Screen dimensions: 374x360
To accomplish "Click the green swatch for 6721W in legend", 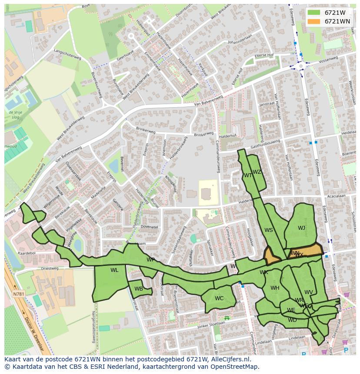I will tap(313, 13).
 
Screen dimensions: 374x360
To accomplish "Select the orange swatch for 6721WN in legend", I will tap(313, 21).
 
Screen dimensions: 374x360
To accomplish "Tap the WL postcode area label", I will tap(114, 270).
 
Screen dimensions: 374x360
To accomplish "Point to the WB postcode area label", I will tap(139, 289).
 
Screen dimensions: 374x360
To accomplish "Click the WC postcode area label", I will tap(219, 298).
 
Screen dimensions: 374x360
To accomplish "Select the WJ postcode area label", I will tap(301, 228).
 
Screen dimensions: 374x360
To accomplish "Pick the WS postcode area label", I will tap(269, 230).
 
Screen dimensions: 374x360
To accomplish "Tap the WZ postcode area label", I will tap(257, 172).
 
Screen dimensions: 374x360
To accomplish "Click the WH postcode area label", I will tap(275, 288).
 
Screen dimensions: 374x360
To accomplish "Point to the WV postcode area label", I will tap(309, 292).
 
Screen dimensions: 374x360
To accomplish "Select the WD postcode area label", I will tap(292, 320).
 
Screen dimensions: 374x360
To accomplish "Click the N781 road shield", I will tap(19, 294).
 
